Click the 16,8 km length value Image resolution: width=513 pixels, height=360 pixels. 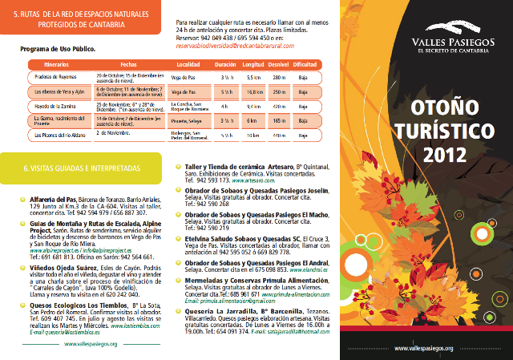pos(254,92)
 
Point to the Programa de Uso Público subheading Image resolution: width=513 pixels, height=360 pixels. pos(55,50)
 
